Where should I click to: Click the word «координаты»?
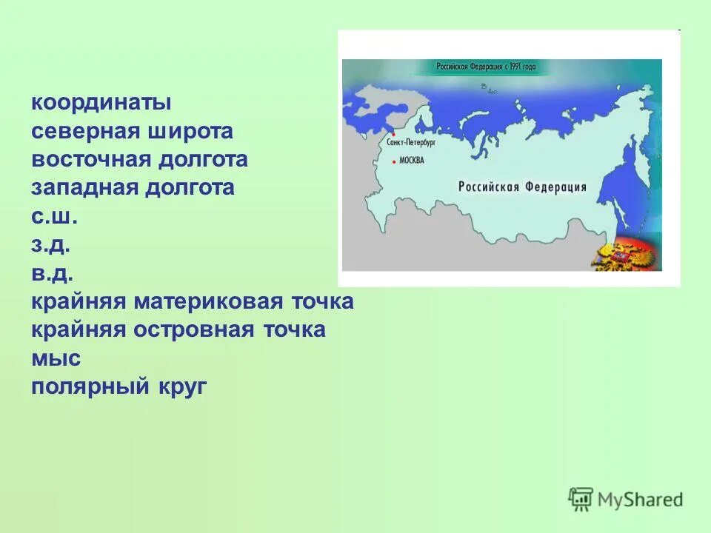point(101,103)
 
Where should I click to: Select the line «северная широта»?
point(132,131)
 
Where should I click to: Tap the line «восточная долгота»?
point(139,159)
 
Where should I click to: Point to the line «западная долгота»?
point(133,187)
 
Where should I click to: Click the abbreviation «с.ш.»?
point(54,217)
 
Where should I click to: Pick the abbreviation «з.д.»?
point(51,245)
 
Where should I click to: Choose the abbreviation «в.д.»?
point(51,273)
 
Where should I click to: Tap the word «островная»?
point(195,329)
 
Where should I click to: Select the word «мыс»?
point(56,359)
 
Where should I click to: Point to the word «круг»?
point(181,386)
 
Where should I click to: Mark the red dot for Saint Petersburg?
point(393,144)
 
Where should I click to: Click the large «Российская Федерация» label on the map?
point(522,187)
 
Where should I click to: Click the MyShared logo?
point(626,499)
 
